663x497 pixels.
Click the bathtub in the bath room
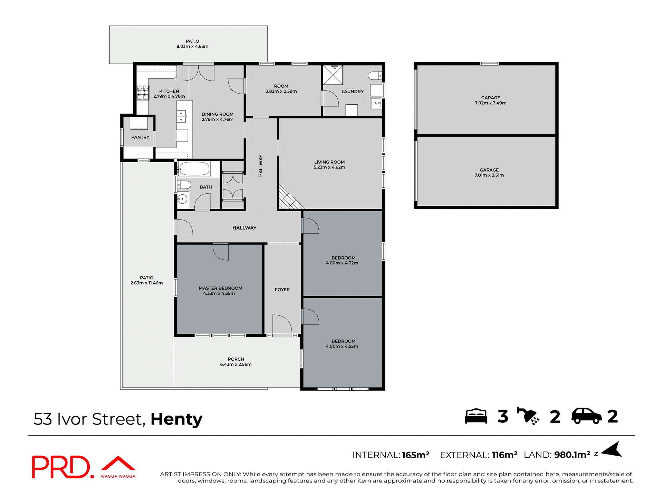[x=194, y=169]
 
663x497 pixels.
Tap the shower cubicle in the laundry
[x=333, y=75]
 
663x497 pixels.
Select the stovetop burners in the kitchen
[x=143, y=93]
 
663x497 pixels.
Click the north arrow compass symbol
[x=612, y=450]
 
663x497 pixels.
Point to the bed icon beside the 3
[x=476, y=416]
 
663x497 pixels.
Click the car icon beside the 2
[x=586, y=416]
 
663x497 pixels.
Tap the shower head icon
[x=528, y=416]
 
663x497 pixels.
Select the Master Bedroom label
[x=220, y=288]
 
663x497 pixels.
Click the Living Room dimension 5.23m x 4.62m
[x=329, y=167]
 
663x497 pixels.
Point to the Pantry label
[x=140, y=137]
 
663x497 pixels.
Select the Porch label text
[x=236, y=359]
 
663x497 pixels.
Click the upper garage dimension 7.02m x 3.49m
[x=490, y=103]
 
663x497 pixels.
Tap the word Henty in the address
[x=176, y=419]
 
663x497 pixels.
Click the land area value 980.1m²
[x=572, y=455]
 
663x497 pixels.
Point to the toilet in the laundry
[x=375, y=76]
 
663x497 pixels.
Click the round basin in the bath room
[x=182, y=199]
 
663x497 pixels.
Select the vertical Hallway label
[x=261, y=166]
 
